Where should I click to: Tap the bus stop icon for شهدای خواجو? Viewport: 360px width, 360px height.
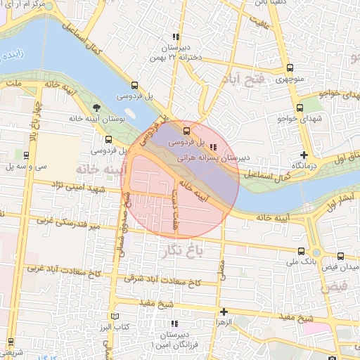(x=300, y=108)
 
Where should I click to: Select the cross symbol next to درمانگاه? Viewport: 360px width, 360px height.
(x=304, y=155)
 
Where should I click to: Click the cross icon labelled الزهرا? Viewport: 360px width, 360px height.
(x=224, y=311)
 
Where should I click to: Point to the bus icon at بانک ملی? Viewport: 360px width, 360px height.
(x=301, y=251)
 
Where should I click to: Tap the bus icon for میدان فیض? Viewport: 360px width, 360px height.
(x=341, y=257)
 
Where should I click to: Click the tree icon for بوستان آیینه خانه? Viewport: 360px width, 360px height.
(x=96, y=109)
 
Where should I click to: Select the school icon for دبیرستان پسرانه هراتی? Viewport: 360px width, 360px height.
(x=213, y=147)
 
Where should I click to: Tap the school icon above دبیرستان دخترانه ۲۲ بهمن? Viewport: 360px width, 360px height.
(x=175, y=37)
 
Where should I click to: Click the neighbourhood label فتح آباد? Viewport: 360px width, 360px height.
(x=243, y=78)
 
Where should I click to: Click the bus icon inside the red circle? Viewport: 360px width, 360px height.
(x=186, y=131)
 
